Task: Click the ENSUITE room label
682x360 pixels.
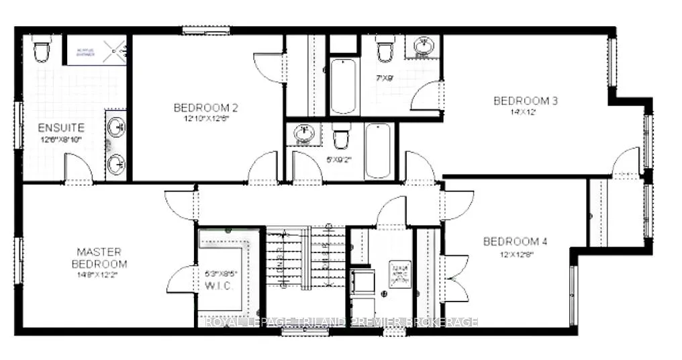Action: pos(61,127)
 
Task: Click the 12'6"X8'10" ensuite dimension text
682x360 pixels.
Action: pos(61,139)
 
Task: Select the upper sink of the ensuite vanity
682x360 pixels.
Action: pos(116,126)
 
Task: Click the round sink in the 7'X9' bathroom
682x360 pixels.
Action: pos(423,47)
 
